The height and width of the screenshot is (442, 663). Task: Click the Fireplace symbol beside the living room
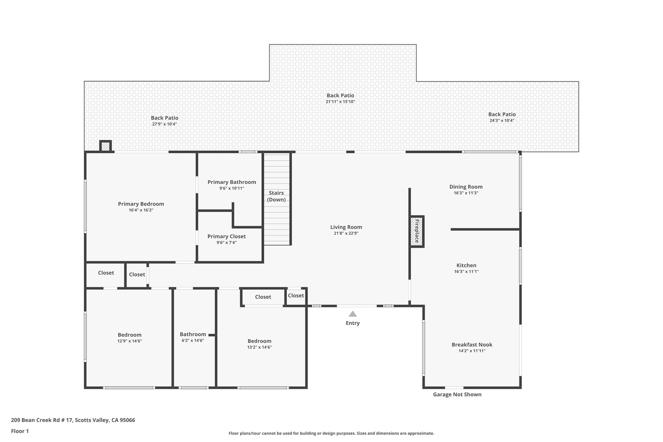pyautogui.click(x=417, y=232)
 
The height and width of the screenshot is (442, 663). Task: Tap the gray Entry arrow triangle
pyautogui.click(x=353, y=314)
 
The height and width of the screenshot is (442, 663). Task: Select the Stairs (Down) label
pyautogui.click(x=276, y=196)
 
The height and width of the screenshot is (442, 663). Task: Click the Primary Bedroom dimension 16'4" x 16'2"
pyautogui.click(x=141, y=210)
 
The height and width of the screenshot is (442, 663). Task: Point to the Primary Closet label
pyautogui.click(x=226, y=236)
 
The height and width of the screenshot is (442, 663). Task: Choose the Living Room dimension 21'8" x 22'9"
pyautogui.click(x=346, y=233)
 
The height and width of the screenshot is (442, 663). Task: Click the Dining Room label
pyautogui.click(x=466, y=187)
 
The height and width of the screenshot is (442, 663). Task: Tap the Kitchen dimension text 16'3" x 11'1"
pyautogui.click(x=466, y=272)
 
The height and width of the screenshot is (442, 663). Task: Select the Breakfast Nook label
pyautogui.click(x=472, y=345)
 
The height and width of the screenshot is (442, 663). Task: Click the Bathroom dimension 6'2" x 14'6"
pyautogui.click(x=193, y=340)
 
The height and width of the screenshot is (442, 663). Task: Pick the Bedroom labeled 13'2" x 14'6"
pyautogui.click(x=259, y=341)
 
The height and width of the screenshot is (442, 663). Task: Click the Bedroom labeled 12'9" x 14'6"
pyautogui.click(x=129, y=335)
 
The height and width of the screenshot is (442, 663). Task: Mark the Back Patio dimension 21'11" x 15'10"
pyautogui.click(x=340, y=102)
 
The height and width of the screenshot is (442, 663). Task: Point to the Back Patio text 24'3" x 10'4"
pyautogui.click(x=502, y=120)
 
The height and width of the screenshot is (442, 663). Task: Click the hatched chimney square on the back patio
pyautogui.click(x=106, y=146)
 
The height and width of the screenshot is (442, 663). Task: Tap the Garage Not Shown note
pyautogui.click(x=457, y=394)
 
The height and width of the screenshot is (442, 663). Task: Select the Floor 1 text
pyautogui.click(x=20, y=431)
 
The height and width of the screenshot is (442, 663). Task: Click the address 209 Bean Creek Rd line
pyautogui.click(x=73, y=420)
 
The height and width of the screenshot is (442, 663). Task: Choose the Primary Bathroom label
pyautogui.click(x=231, y=182)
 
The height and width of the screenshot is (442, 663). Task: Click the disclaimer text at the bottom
pyautogui.click(x=331, y=433)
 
